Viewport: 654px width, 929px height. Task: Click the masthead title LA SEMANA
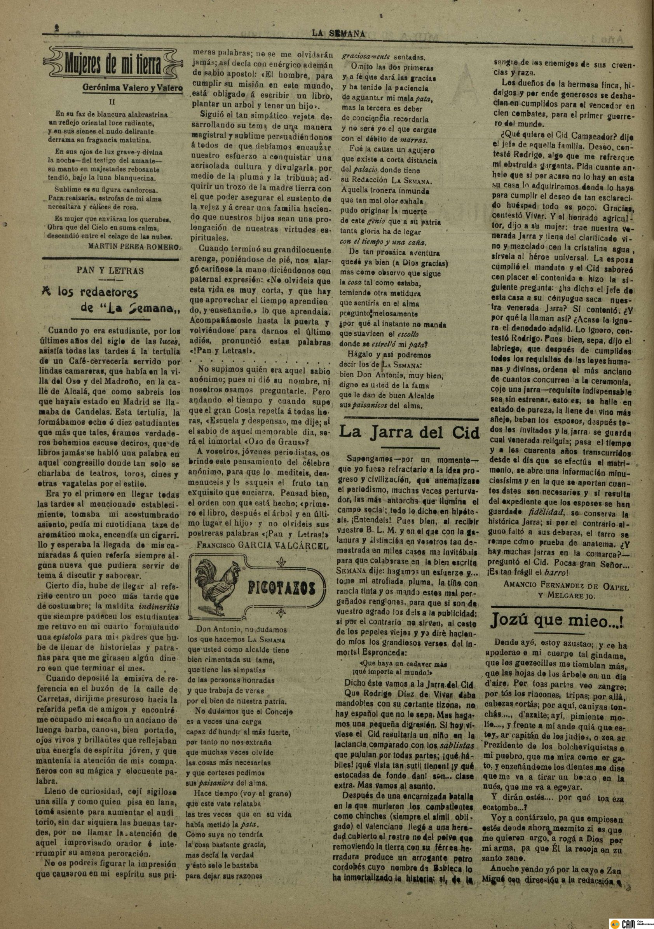[338, 34]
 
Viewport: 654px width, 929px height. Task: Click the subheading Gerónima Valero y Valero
[133, 87]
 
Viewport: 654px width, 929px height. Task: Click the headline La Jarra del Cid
[409, 432]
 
